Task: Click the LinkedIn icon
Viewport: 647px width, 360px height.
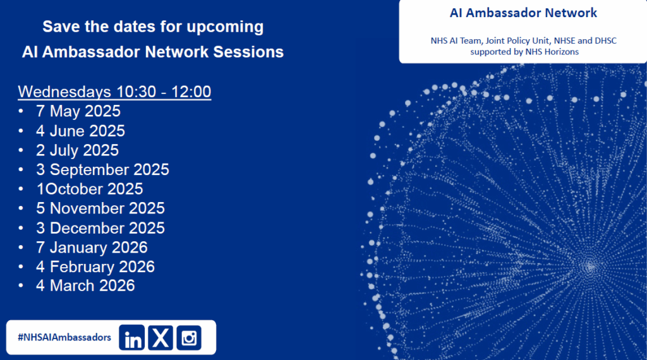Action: coord(133,338)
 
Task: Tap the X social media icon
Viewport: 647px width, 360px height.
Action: coord(161,338)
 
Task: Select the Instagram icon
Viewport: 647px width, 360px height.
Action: coord(188,338)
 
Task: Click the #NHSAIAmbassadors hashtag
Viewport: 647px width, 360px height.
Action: coord(64,338)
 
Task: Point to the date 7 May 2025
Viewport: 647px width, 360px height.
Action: coord(78,112)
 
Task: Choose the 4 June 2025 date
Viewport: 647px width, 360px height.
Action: coord(80,131)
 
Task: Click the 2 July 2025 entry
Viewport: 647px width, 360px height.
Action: coord(77,150)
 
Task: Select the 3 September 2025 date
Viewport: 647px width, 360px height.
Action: coord(102,170)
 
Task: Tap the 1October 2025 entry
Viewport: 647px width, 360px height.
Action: coord(89,189)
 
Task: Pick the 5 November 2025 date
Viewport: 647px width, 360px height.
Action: coord(100,208)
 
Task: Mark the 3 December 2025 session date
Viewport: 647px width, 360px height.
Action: coord(100,228)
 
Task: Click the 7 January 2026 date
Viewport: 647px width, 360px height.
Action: coord(92,247)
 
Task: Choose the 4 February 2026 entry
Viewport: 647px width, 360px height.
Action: coord(95,267)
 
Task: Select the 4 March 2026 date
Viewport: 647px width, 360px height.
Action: coord(85,285)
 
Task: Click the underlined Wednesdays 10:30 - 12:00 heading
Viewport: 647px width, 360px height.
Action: coord(114,92)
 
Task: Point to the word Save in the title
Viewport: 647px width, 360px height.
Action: coord(59,27)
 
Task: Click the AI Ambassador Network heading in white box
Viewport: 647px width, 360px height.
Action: coord(523,13)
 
